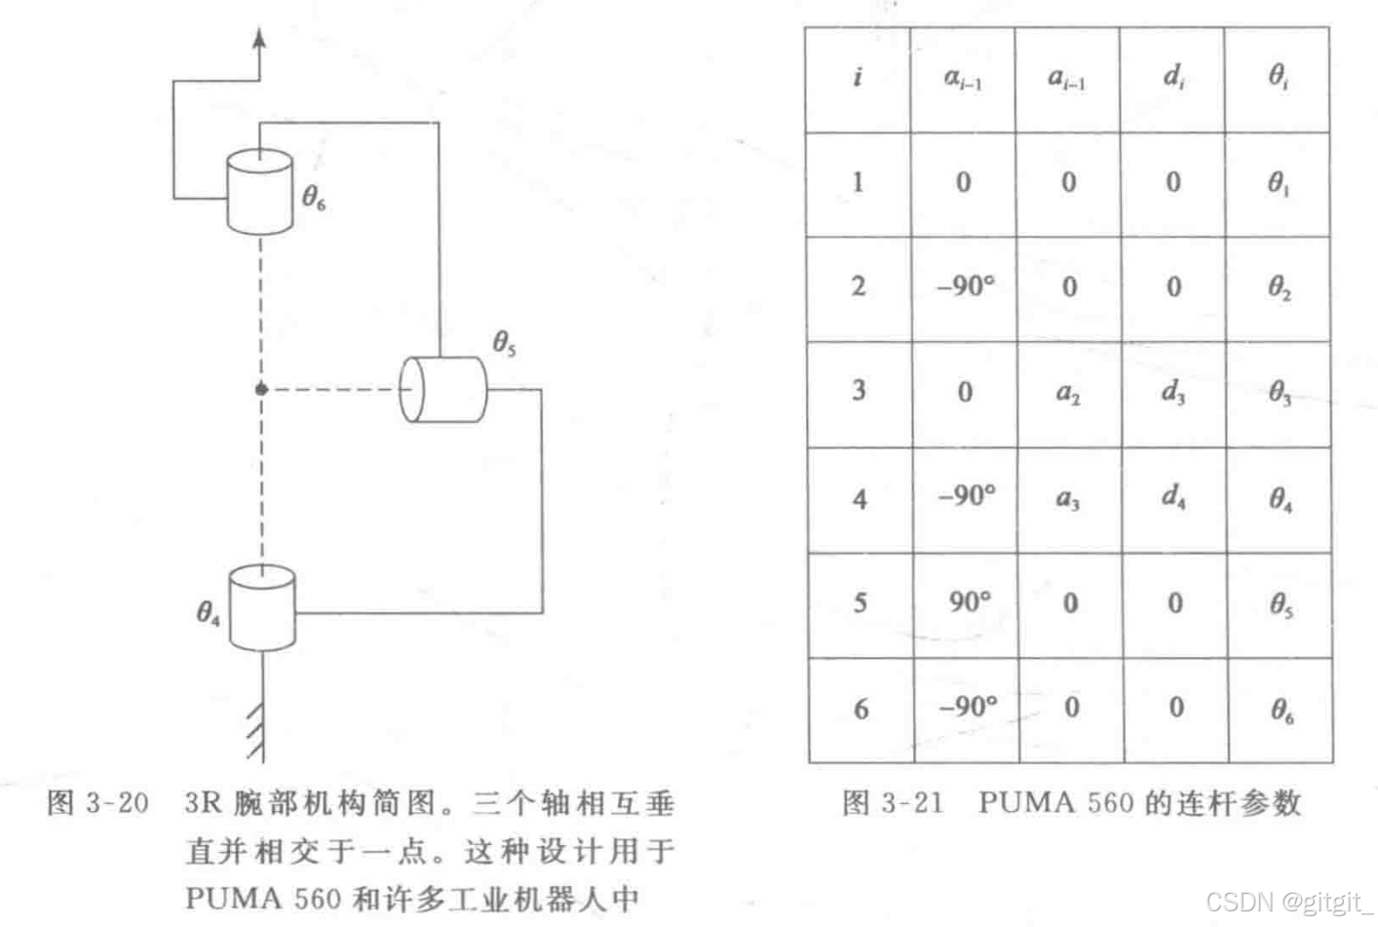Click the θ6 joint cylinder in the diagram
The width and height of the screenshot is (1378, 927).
(x=260, y=192)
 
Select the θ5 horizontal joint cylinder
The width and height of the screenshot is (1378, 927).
(x=443, y=389)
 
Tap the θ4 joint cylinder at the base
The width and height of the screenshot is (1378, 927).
(x=262, y=608)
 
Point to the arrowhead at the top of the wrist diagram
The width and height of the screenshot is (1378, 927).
(x=259, y=38)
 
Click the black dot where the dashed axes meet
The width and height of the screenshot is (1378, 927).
(x=261, y=389)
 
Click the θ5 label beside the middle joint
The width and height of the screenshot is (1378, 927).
(x=504, y=343)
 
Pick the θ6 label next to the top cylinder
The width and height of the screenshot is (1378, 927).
(x=314, y=198)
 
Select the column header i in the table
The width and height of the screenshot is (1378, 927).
(x=858, y=76)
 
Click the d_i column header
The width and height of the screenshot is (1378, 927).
(x=1173, y=76)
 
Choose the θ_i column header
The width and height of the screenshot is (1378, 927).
(x=1279, y=76)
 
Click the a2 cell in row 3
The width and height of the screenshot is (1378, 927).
(x=1069, y=393)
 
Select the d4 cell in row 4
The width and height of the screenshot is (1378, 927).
(x=1173, y=498)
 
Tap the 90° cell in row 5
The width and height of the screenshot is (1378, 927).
(x=969, y=602)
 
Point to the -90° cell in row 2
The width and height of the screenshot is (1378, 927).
(x=966, y=287)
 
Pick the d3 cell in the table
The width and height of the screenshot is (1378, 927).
(x=1173, y=393)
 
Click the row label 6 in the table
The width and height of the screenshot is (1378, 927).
(x=861, y=709)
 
